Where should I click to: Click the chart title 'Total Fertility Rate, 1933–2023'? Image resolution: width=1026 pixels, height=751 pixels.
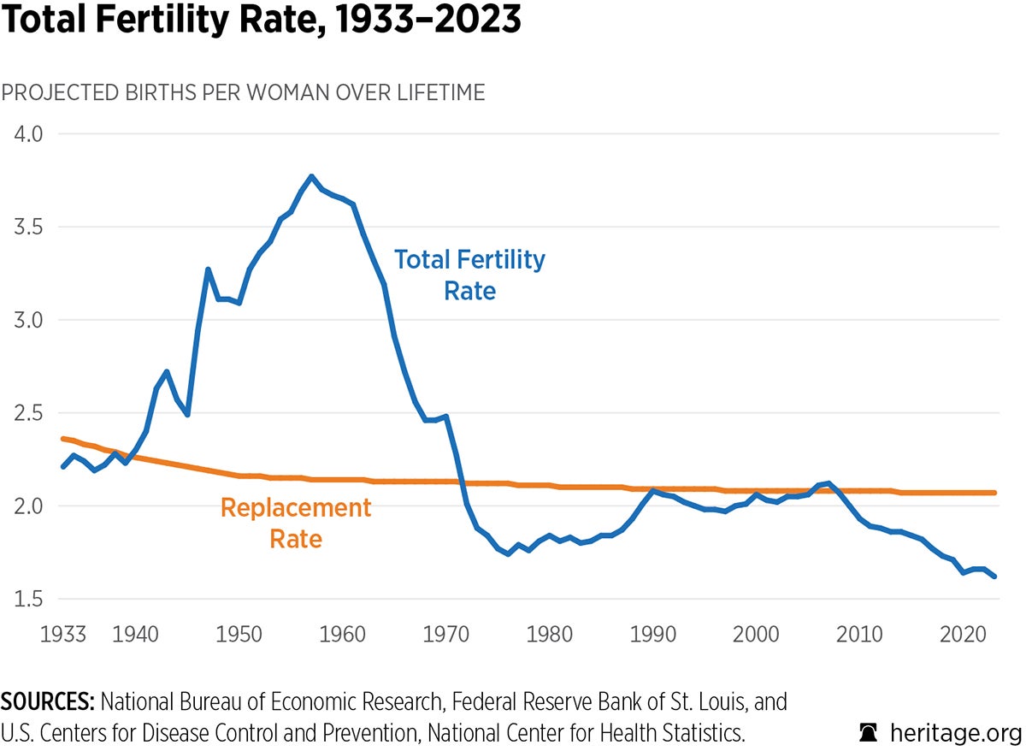coord(261,21)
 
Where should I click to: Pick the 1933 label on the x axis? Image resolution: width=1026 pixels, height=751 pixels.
coord(62,634)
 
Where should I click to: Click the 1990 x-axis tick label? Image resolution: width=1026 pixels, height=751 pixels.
coord(652,634)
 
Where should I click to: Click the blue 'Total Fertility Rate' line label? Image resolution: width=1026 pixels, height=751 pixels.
coord(469,275)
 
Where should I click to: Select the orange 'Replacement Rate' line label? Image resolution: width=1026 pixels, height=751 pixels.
coord(296,523)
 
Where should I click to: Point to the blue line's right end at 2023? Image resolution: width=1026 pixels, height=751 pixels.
coord(994,577)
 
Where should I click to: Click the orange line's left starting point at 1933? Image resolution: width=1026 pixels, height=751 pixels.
coord(62,439)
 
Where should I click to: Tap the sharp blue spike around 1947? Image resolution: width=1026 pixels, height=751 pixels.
coord(208,269)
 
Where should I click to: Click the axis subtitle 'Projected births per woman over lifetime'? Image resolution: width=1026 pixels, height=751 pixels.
coord(243,92)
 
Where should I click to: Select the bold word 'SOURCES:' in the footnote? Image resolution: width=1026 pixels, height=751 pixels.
coord(47,703)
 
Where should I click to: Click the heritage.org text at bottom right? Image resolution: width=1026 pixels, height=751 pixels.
coord(955,733)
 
